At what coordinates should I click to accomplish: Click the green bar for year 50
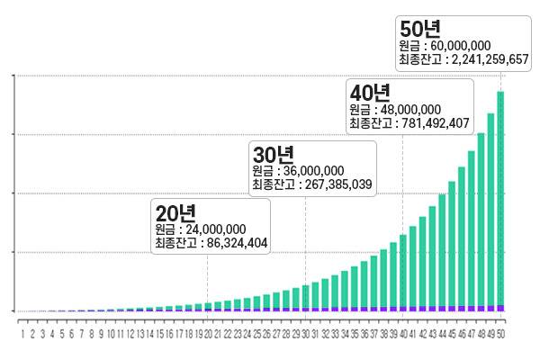pyautogui.click(x=500, y=198)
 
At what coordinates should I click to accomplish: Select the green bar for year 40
pyautogui.click(x=403, y=270)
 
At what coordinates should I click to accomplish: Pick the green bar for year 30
pyautogui.click(x=306, y=296)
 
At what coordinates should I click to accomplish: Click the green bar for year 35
pyautogui.click(x=355, y=287)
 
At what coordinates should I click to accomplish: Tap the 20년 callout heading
pyautogui.click(x=175, y=212)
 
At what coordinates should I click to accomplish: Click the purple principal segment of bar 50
pyautogui.click(x=500, y=308)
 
